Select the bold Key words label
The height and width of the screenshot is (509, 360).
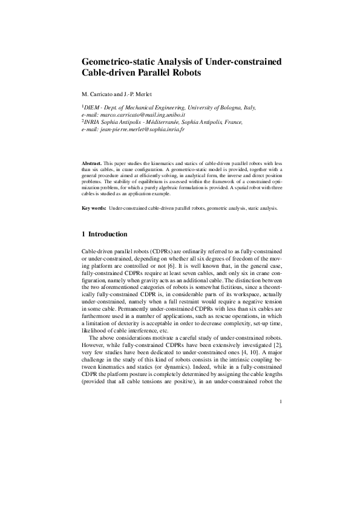tap(94, 208)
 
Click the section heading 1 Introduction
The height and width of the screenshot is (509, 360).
tap(104, 234)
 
